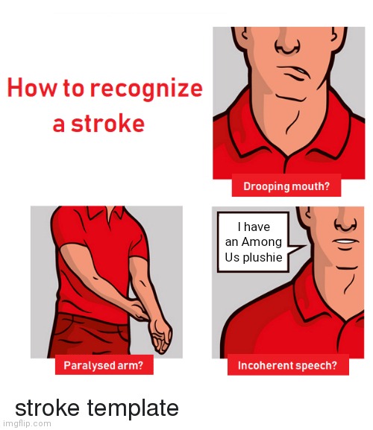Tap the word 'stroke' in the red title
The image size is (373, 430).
(x=107, y=124)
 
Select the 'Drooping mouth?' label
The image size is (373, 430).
(x=286, y=186)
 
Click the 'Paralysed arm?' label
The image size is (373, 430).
(x=104, y=365)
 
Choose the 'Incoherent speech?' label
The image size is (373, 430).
(x=288, y=365)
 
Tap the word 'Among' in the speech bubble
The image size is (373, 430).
(x=262, y=242)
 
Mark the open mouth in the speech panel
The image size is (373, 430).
(x=345, y=242)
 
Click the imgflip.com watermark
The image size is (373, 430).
(x=25, y=423)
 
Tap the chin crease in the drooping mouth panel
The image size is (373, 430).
(x=291, y=98)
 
